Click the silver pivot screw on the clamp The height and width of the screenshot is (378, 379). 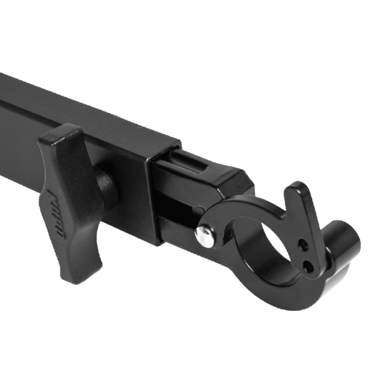pyautogui.click(x=205, y=236)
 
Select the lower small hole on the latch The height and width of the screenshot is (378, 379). pyautogui.click(x=308, y=266)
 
